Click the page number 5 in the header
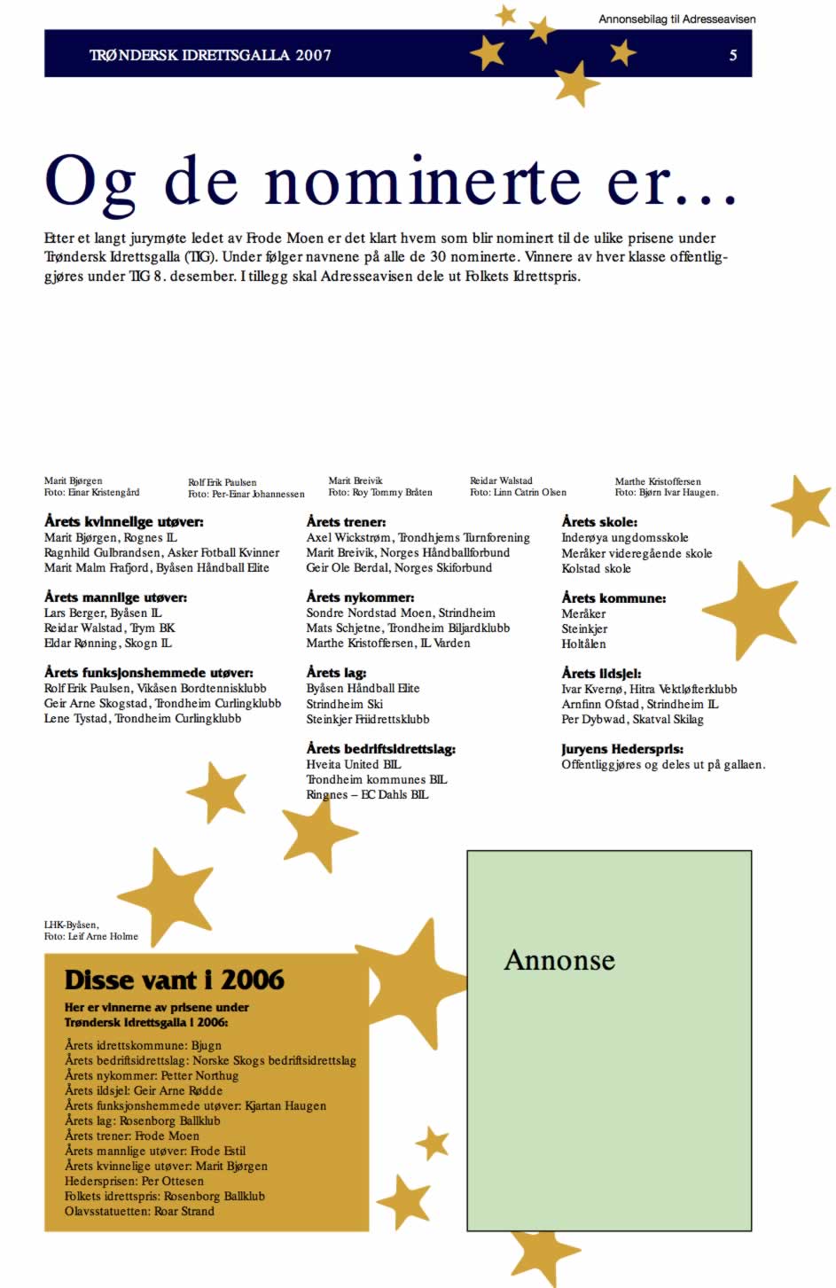tap(732, 55)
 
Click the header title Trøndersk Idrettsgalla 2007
tap(210, 55)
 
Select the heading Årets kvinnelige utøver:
tap(123, 522)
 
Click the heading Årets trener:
tap(346, 522)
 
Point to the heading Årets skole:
tap(598, 522)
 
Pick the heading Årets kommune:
tap(613, 598)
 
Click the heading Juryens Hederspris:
tap(621, 749)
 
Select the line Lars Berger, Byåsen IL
tap(103, 613)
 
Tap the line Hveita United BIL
tap(353, 764)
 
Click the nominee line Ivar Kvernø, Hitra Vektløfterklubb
tap(648, 689)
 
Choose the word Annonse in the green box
tap(559, 960)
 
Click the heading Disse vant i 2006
tap(174, 980)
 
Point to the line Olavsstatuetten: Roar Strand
tap(139, 1211)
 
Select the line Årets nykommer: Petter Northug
tap(151, 1075)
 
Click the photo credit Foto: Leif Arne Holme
tap(90, 936)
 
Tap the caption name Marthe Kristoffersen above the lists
tap(657, 481)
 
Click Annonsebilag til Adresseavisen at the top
tap(676, 19)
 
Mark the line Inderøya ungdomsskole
tap(624, 537)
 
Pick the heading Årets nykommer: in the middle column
tap(360, 597)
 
